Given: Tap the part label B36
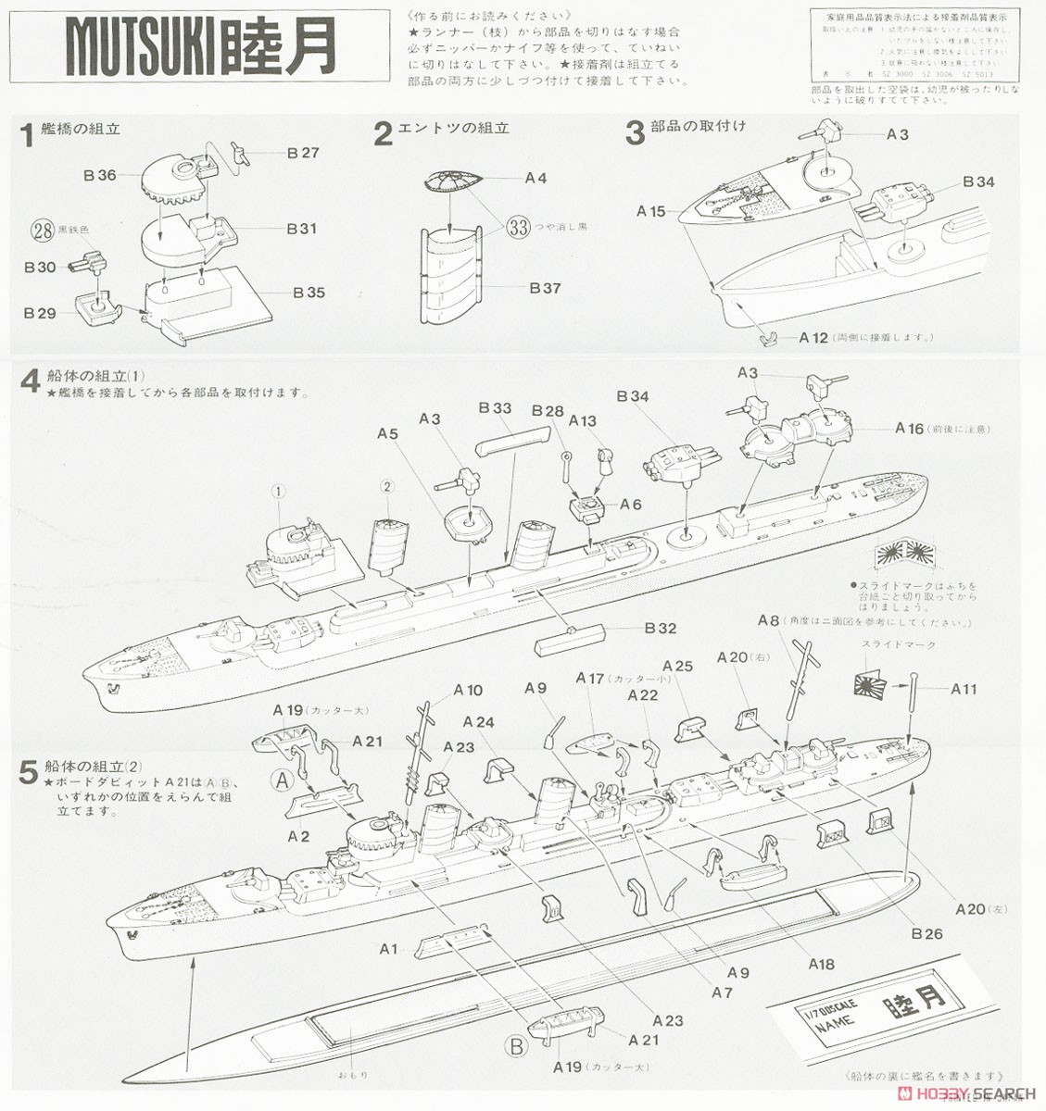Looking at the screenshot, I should click(x=99, y=174).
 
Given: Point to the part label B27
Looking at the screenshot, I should click(x=302, y=153).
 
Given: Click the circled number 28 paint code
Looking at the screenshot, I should click(x=40, y=230).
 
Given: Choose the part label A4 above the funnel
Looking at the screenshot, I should click(x=536, y=178).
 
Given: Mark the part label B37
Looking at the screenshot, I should click(x=546, y=288).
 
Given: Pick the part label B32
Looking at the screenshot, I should click(x=660, y=629).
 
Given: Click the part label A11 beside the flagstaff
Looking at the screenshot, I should click(x=964, y=689).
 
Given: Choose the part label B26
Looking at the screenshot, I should click(x=926, y=933).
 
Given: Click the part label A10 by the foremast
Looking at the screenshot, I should click(x=467, y=690).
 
